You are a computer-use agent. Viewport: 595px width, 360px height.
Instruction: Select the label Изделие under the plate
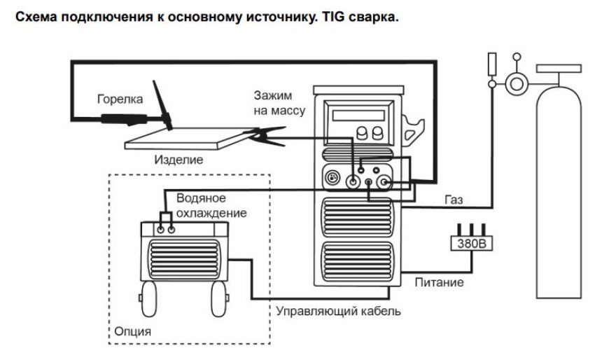178,160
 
